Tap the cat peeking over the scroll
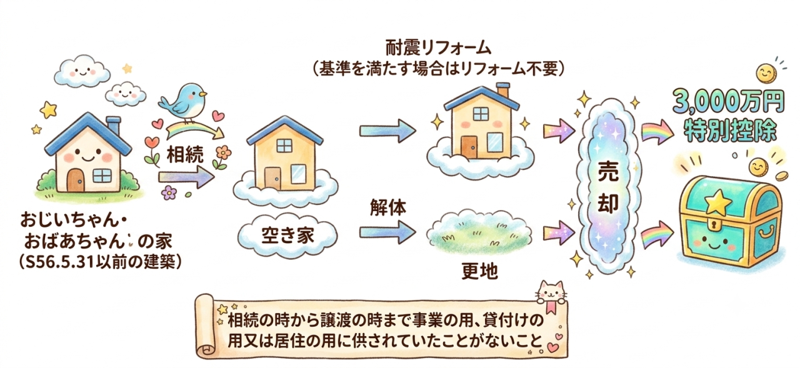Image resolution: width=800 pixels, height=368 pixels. pos(551,292)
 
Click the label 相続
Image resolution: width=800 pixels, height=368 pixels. pos(185,155)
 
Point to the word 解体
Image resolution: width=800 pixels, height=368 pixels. pos(388,207)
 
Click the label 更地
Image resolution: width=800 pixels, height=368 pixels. pos(479,272)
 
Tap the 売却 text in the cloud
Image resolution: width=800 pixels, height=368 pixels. pos(608,189)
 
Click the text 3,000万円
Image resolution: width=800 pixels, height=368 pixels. pos(729,102)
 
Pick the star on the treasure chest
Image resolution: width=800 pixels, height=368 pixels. pos(719,202)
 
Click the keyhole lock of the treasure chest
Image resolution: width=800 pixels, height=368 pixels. pos(714,226)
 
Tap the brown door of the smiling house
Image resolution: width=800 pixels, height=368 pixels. pos(76,180)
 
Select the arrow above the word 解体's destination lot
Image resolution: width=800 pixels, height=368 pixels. pos(387,232)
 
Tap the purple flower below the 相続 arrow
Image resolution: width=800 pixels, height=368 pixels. pos(169,192)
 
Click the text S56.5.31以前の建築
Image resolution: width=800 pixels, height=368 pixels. pos(100,262)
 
